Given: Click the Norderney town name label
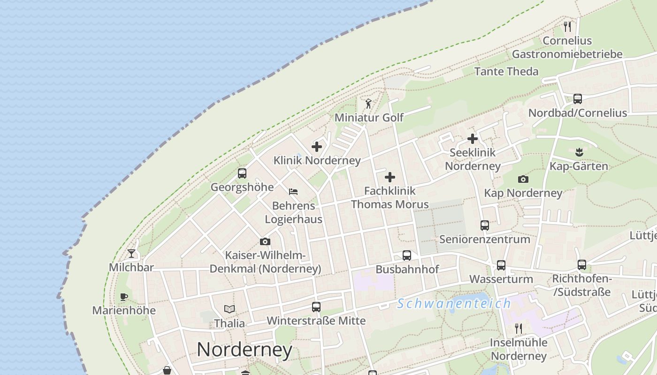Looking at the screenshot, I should click(244, 350).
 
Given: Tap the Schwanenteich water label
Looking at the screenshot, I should click(454, 304).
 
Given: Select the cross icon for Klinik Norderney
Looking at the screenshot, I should click(317, 147).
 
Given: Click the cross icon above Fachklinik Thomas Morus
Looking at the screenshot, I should click(390, 177).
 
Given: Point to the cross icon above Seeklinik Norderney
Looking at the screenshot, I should click(473, 139).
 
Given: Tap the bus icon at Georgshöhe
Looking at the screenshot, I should click(242, 173).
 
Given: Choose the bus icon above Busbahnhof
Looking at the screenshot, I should click(407, 255).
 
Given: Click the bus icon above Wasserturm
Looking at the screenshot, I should click(501, 265).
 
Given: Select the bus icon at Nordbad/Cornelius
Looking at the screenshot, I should click(578, 99).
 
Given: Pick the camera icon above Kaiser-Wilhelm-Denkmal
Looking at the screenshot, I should click(265, 242).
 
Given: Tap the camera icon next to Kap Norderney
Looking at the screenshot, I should click(523, 180).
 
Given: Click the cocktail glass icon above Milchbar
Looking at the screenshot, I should click(131, 254).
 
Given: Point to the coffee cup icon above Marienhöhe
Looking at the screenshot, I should click(124, 297).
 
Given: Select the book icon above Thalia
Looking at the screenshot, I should click(229, 309).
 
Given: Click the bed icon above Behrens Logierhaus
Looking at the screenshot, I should click(293, 192).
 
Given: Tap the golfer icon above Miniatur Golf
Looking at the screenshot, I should click(369, 104).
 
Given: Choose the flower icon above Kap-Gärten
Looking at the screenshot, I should click(579, 152).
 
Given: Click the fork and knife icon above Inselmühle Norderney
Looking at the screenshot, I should click(519, 328).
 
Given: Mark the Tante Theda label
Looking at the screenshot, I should click(506, 71).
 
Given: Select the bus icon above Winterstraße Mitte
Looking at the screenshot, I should click(316, 307).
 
